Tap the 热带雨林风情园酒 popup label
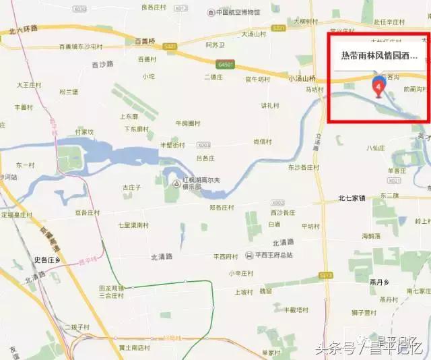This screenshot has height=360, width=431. tap(378, 57)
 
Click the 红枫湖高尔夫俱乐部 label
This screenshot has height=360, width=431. tap(195, 185)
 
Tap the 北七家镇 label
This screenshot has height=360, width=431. tap(352, 198)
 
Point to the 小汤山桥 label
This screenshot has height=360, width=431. tap(302, 79)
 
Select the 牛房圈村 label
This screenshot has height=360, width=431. tap(188, 123)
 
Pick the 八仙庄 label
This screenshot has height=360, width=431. tap(376, 147)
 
